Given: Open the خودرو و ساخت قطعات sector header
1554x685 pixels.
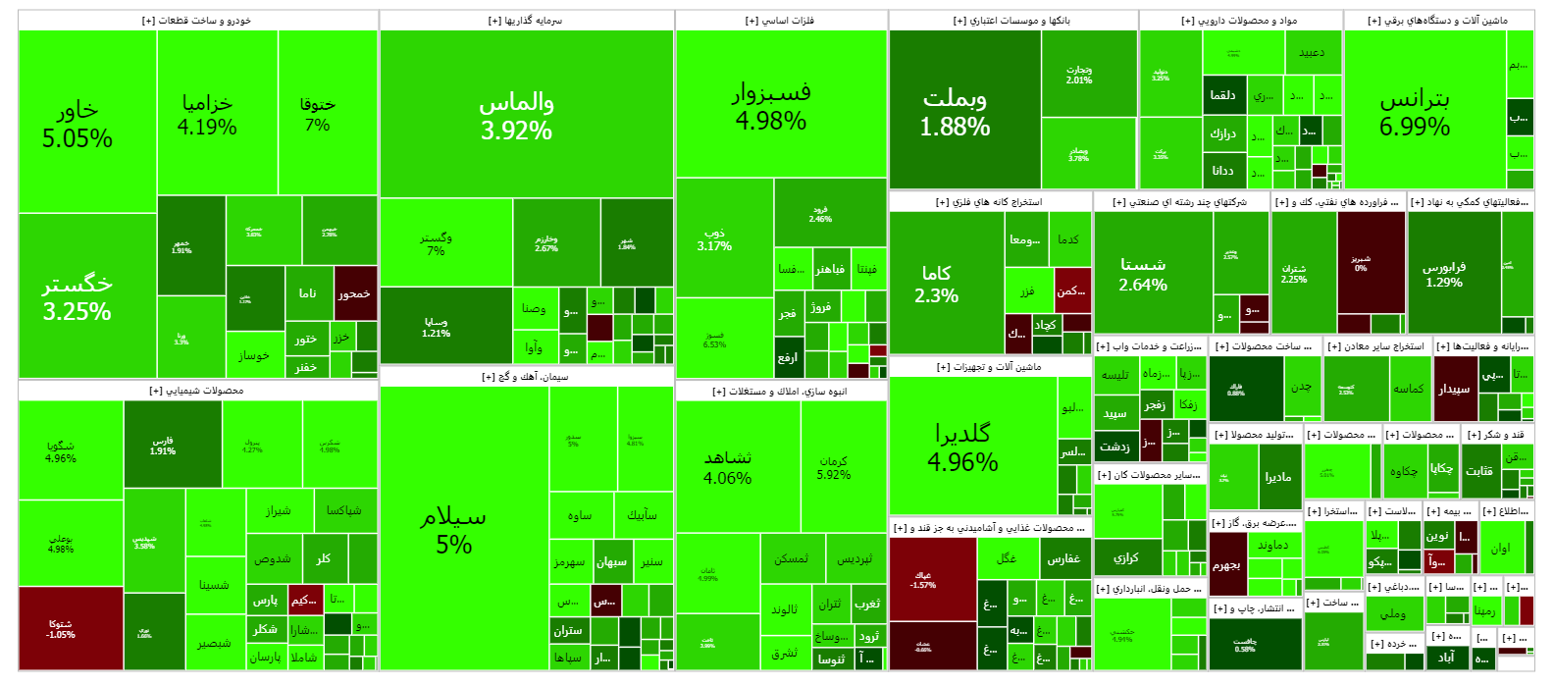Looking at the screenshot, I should point(197,21).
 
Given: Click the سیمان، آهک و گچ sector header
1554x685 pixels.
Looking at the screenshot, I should point(526,377).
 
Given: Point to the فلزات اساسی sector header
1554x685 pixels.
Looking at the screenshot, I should point(781,21).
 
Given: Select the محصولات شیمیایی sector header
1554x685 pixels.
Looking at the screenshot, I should point(197,391).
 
